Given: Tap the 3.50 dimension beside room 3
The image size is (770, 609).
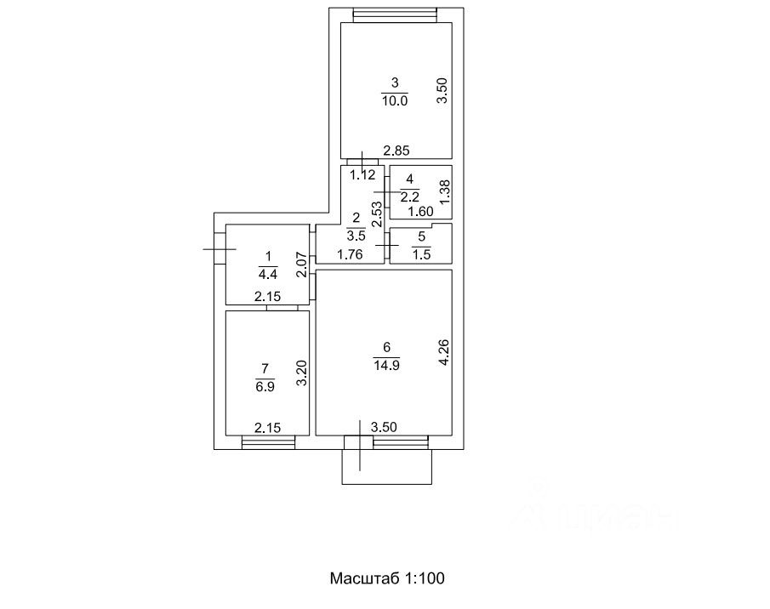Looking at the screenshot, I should (x=442, y=90).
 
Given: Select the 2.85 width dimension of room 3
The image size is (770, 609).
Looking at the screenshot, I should (x=396, y=151).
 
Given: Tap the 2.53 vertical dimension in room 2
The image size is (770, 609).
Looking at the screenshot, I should (x=377, y=213).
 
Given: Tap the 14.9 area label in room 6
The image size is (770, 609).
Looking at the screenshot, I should (x=386, y=364).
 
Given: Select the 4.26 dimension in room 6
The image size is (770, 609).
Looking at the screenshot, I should (x=442, y=353).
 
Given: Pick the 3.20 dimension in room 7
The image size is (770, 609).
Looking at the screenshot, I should (x=299, y=374).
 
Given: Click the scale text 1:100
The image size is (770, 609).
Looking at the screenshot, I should (x=423, y=578).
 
